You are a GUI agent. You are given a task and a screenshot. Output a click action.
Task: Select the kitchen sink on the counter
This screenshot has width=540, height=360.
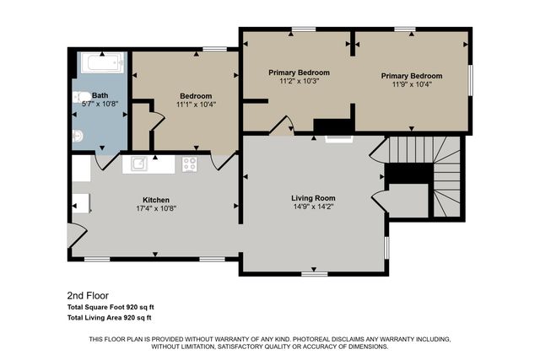tap(138, 164)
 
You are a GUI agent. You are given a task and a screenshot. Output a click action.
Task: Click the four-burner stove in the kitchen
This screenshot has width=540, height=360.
tap(190, 164)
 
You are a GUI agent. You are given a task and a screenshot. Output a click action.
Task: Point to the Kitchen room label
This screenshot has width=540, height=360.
tap(156, 200)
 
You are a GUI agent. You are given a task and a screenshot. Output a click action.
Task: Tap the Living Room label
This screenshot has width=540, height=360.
tap(314, 197)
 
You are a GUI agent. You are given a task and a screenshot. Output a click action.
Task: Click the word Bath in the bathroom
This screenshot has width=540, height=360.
tap(100, 95)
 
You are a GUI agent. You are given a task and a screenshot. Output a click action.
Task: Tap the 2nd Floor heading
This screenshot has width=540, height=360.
tap(88, 296)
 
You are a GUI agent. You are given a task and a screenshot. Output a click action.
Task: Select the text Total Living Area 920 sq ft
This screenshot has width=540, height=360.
tap(109, 318)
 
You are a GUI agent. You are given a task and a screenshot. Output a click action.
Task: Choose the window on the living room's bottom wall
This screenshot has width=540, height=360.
tap(315, 273)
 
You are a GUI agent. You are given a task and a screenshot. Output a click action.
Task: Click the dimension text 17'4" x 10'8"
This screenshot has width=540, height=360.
tap(156, 208)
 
